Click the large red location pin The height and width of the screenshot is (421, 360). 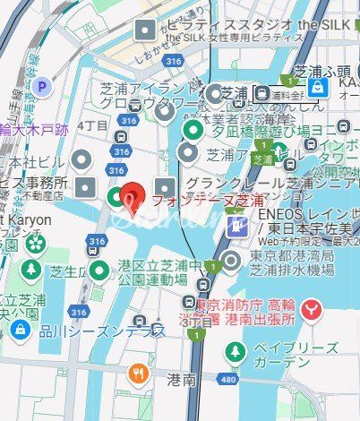point(133,194)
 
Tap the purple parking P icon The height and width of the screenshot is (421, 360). point(42,87)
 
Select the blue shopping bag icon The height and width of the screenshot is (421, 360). point(317,86)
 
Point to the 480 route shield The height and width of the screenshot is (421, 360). point(227,380)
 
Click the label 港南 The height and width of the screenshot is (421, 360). point(181,381)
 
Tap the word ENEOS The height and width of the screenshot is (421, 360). point(279,215)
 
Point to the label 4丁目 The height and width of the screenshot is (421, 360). point(92,125)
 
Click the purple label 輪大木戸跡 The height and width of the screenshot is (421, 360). point(33,130)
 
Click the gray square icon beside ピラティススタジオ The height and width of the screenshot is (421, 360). point(144,31)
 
